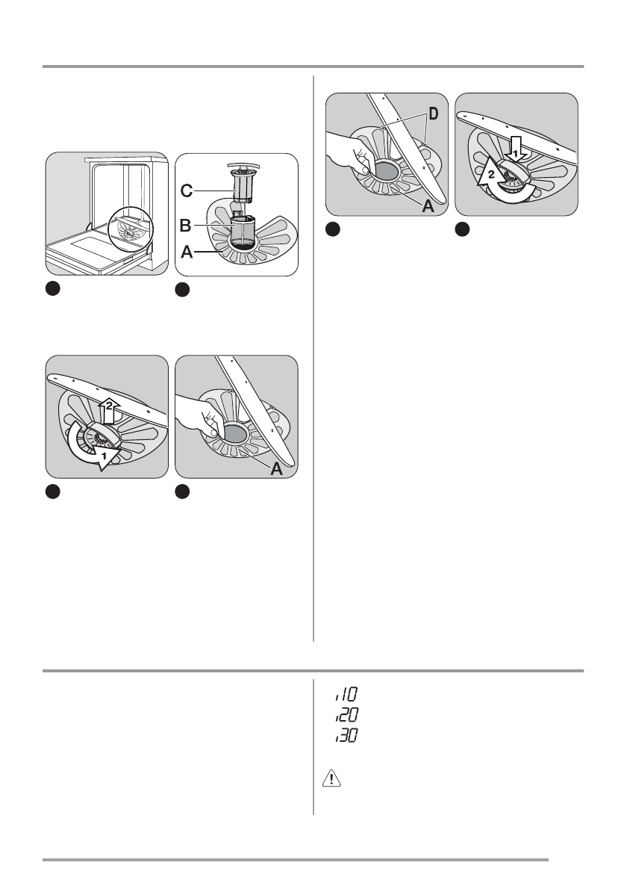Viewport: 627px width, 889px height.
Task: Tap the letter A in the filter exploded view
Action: pos(187,253)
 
